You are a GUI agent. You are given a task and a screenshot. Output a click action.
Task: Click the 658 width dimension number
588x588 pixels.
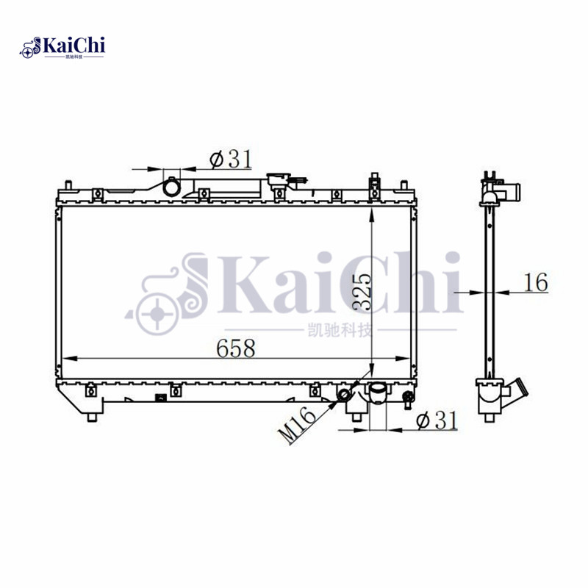[235, 349]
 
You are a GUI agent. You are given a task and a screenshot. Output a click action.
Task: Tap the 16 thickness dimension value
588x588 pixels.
[537, 282]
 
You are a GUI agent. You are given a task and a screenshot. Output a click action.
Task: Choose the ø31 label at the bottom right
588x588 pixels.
[437, 420]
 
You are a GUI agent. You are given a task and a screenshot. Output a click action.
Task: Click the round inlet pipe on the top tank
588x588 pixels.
[172, 187]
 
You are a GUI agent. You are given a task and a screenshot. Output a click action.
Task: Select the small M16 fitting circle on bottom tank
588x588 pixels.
[345, 398]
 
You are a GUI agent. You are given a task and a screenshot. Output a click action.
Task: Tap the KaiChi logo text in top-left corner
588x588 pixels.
[74, 46]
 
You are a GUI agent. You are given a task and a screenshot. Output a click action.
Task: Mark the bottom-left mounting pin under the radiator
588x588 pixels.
[91, 417]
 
